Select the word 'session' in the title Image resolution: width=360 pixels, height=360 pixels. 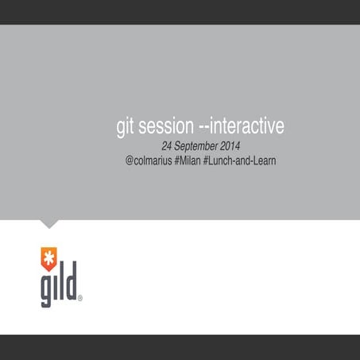pyautogui.click(x=165, y=127)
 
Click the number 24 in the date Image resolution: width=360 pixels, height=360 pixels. pyautogui.click(x=168, y=147)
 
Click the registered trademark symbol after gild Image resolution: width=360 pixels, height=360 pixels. pyautogui.click(x=80, y=299)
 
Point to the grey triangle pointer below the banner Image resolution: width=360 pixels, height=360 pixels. pyautogui.click(x=49, y=223)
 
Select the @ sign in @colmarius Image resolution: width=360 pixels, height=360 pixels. pyautogui.click(x=129, y=161)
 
